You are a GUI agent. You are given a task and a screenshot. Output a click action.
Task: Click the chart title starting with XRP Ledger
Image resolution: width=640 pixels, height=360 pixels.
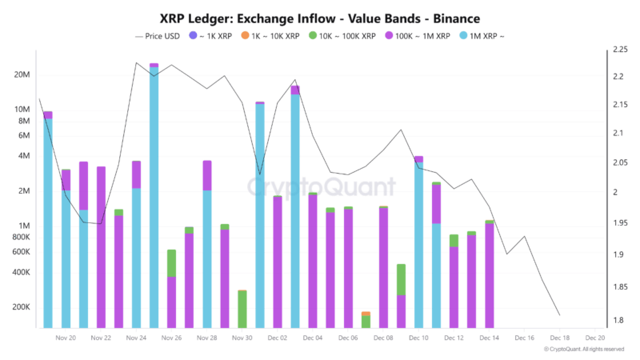(319, 17)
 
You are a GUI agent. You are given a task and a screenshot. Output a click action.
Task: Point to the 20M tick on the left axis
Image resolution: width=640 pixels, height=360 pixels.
(22, 74)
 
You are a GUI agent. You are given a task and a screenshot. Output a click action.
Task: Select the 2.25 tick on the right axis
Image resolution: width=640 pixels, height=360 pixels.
(619, 50)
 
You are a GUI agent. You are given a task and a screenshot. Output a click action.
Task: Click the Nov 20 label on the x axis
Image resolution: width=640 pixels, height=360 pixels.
(66, 338)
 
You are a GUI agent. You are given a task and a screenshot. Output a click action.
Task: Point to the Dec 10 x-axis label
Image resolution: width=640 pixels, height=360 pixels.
(418, 338)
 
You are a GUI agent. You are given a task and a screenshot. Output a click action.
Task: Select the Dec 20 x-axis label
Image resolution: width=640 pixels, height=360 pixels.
(594, 338)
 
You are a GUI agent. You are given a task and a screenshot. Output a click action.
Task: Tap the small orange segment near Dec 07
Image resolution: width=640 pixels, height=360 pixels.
(366, 314)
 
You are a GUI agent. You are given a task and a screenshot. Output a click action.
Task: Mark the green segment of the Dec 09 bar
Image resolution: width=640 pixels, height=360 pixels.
(401, 280)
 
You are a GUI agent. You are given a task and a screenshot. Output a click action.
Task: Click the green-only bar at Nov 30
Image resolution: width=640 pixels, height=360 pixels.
(242, 310)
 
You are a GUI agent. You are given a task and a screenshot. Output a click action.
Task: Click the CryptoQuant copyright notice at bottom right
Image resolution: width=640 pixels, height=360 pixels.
(584, 350)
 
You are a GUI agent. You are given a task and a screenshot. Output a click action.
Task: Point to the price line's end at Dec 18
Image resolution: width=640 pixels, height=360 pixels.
(559, 315)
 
